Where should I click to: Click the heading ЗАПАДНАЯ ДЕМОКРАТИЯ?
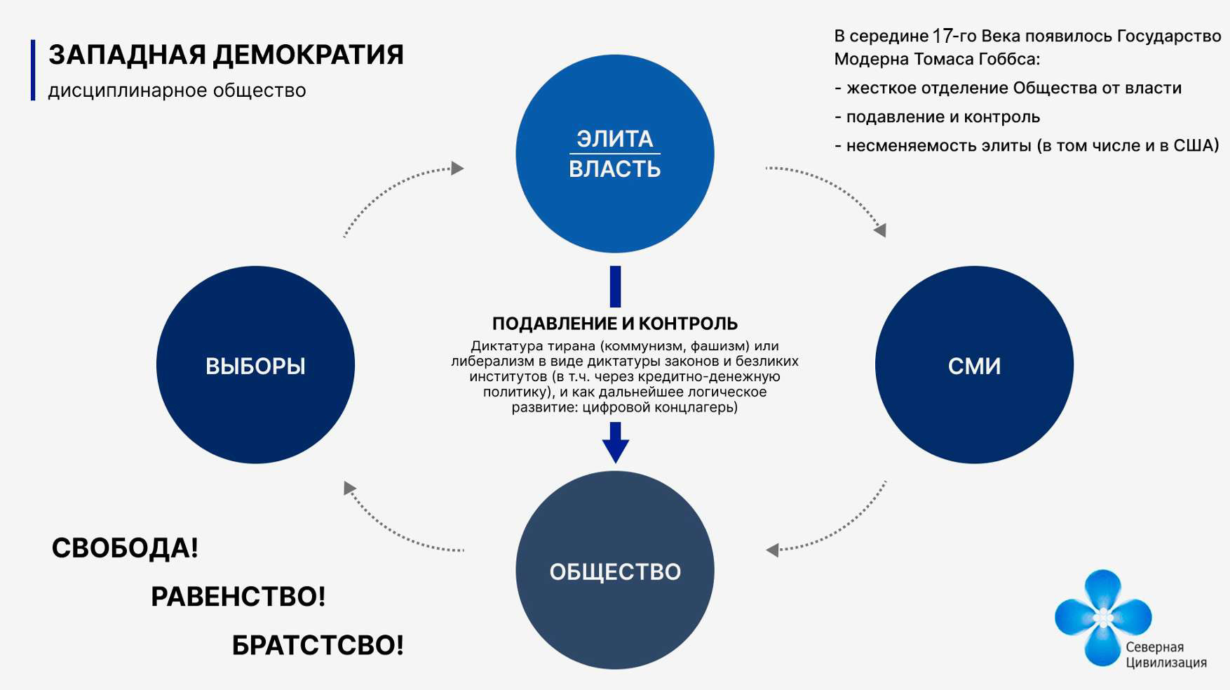click(226, 55)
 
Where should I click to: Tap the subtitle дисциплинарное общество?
click(177, 91)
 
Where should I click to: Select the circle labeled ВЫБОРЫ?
click(255, 365)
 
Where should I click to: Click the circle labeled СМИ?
click(974, 365)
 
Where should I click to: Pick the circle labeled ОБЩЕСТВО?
click(615, 571)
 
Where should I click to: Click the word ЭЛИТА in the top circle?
click(615, 138)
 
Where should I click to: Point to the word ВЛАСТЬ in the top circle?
click(615, 169)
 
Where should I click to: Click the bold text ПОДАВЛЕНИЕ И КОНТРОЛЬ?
click(615, 324)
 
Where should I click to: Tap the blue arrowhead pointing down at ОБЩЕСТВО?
click(615, 449)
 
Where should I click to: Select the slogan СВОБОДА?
click(125, 548)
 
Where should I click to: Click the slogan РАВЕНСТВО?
click(238, 597)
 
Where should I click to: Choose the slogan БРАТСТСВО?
click(318, 645)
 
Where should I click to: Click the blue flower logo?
click(1102, 616)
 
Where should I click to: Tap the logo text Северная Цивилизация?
click(1165, 655)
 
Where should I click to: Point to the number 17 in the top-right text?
click(942, 36)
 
